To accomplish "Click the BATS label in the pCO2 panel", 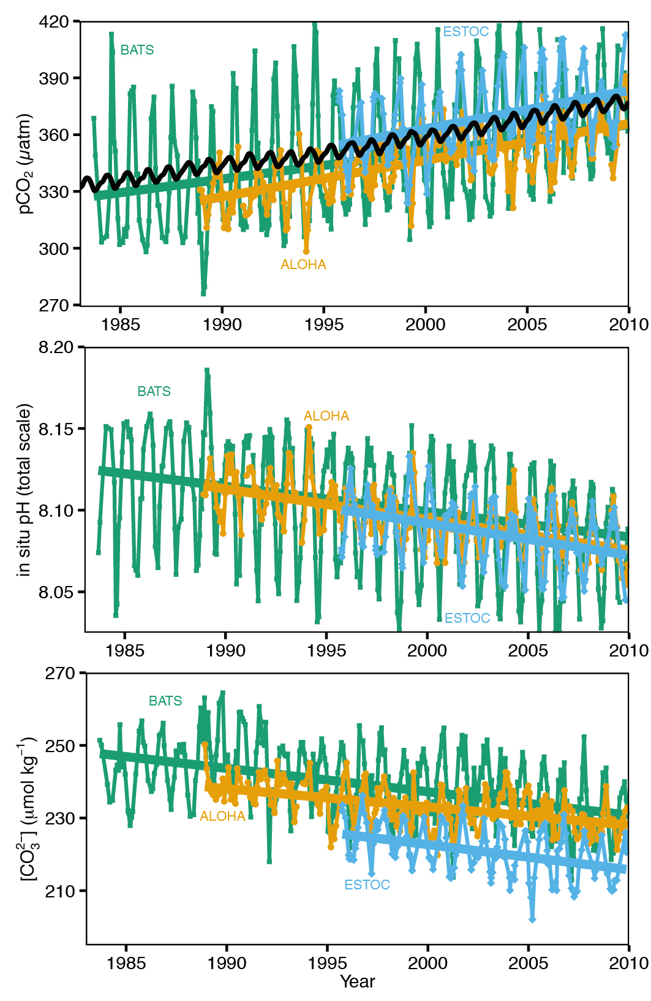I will (137, 50).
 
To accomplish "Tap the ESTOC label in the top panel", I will (465, 32).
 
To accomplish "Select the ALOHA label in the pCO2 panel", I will (303, 265).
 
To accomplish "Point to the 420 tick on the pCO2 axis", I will (54, 22).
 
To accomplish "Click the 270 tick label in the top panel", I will (54, 305).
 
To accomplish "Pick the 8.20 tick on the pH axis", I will (56, 348).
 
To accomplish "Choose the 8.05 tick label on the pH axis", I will (56, 592).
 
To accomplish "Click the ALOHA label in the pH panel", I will (326, 416).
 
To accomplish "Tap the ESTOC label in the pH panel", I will (467, 618).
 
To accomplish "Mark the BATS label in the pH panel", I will (154, 392).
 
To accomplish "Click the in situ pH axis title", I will (24, 489).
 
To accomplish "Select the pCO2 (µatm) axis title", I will (25, 163).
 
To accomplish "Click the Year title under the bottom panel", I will (357, 981).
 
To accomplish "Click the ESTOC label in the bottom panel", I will (367, 885).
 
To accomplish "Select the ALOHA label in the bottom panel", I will (222, 816).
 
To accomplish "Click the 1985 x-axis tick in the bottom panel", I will (126, 963).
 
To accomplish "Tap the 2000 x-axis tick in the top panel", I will (425, 324).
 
